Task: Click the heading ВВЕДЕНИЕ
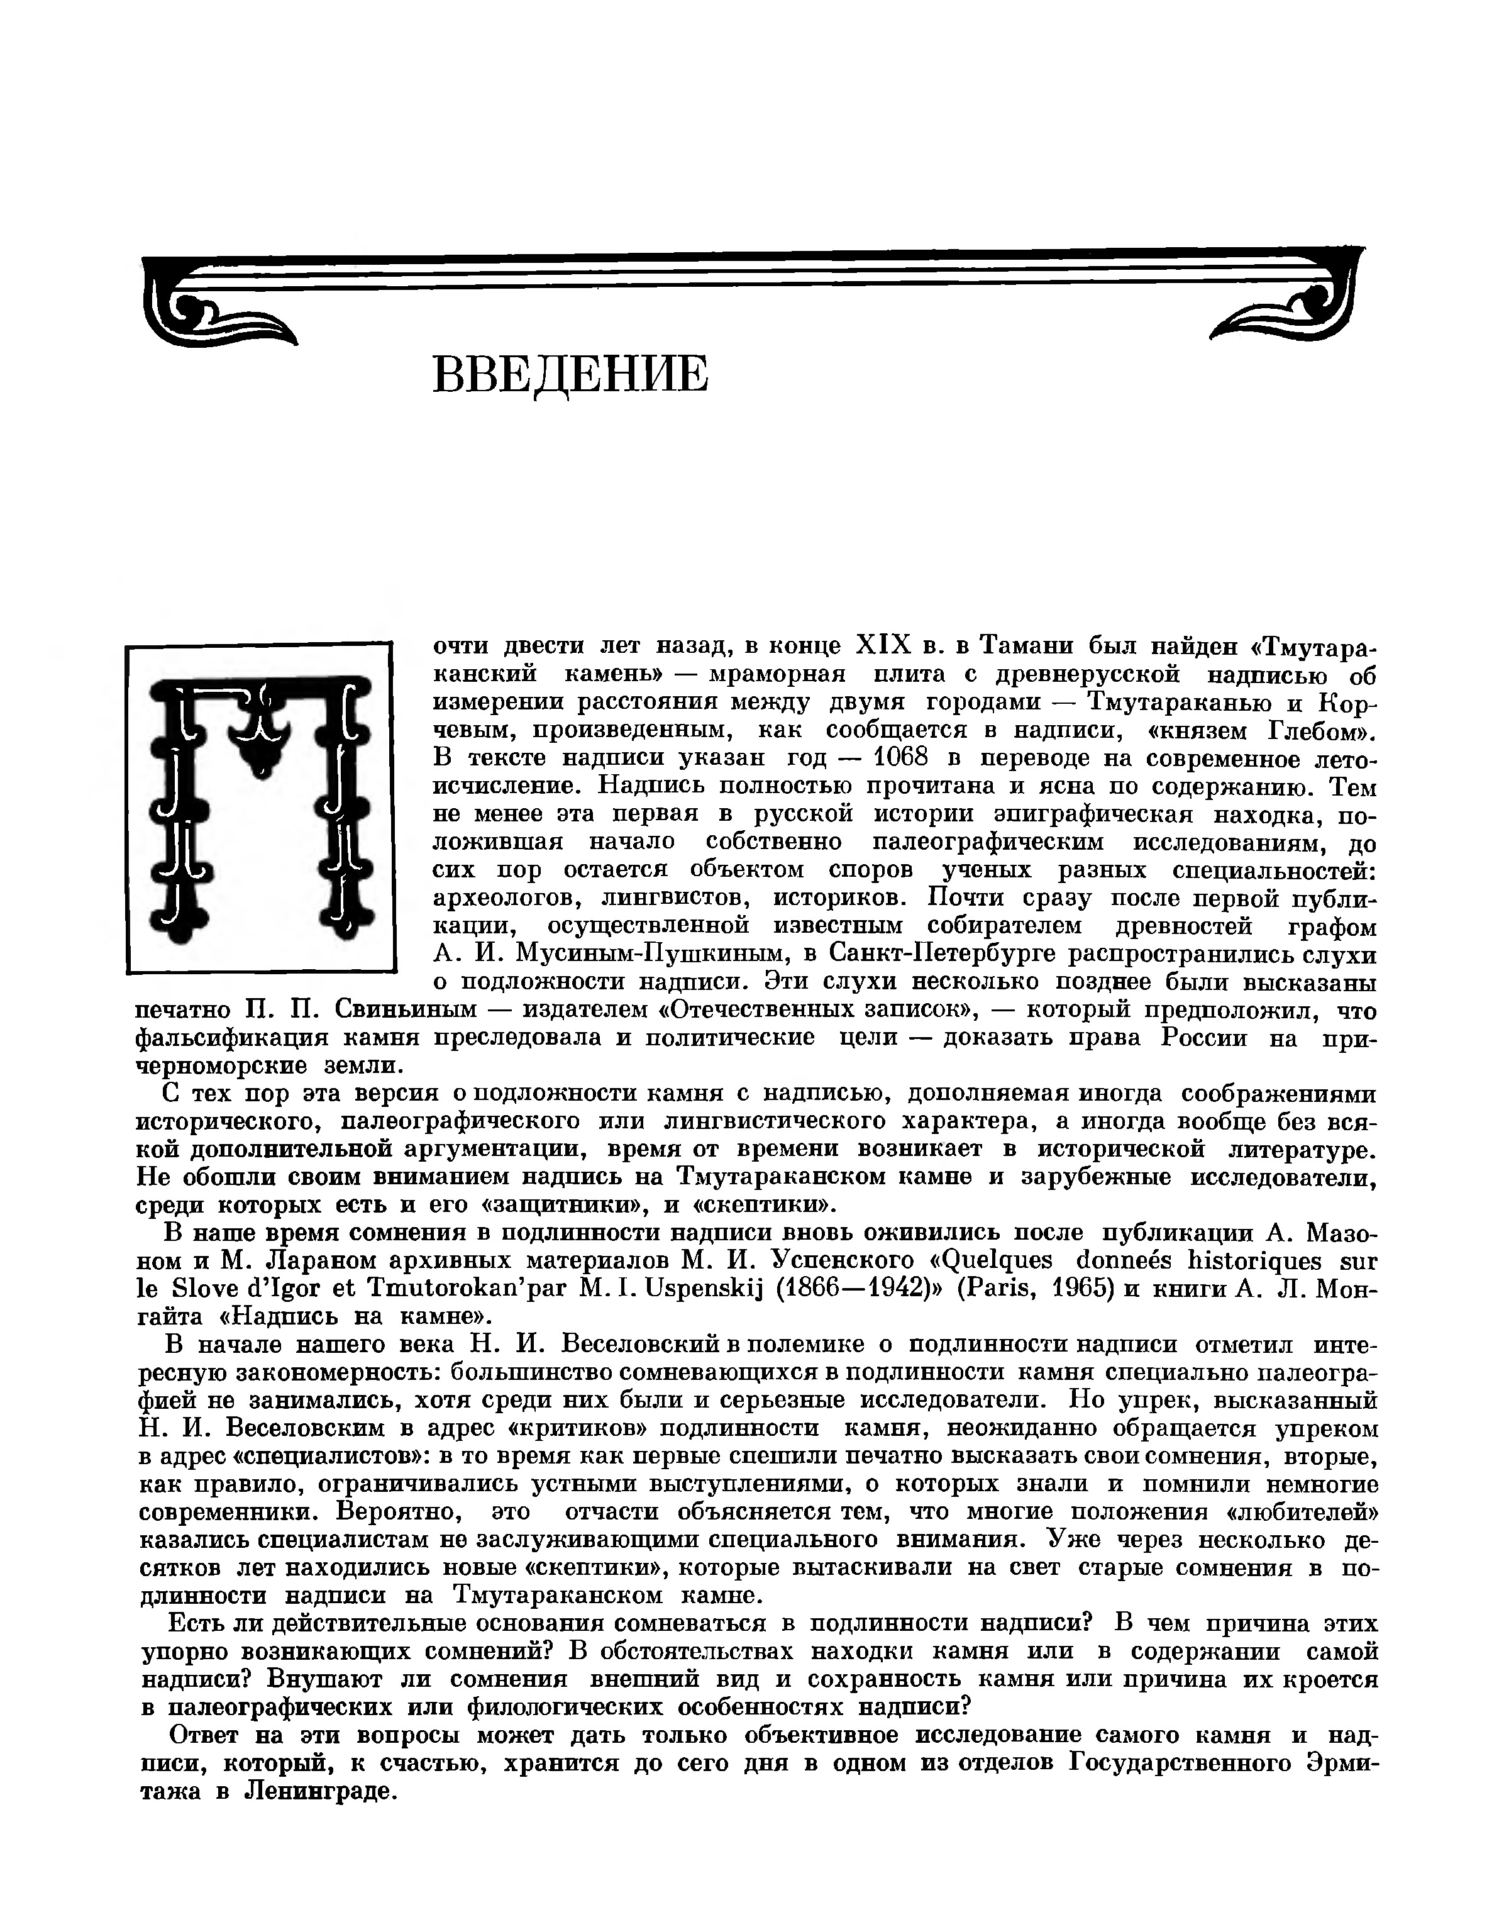click(571, 374)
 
